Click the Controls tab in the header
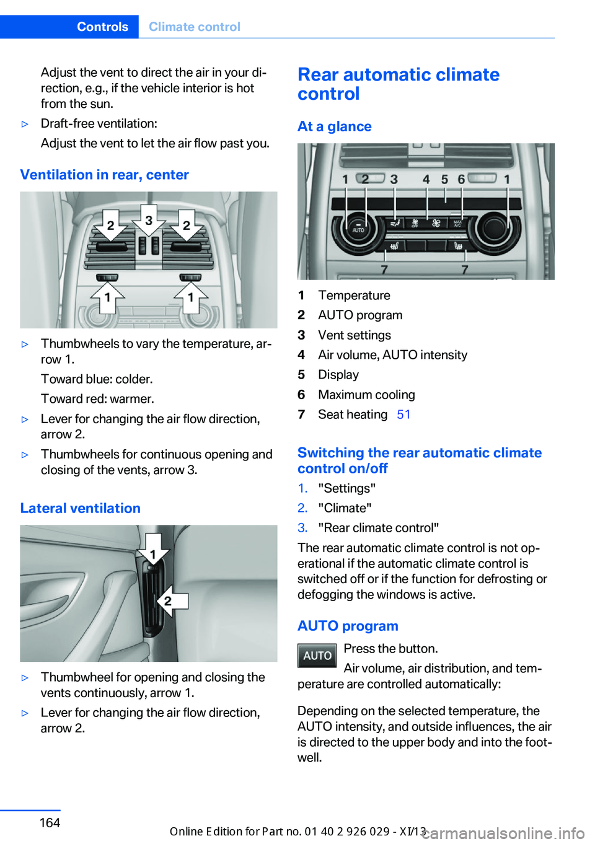pos(102,27)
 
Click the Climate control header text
pos(195,27)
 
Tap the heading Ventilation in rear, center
pos(104,175)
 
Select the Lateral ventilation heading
pos(80,508)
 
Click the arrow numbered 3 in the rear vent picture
pos(149,221)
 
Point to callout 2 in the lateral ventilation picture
pos(168,600)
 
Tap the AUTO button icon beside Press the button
pos(317,656)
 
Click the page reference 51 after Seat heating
pos(403,415)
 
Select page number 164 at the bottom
pos(50,823)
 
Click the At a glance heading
pos(334,126)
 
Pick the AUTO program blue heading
pos(348,626)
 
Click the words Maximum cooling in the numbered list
pos(366,395)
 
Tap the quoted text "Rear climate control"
pos(378,528)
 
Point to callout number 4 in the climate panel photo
pos(426,180)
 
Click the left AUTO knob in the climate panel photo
pos(358,227)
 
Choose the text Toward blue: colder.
pos(97,379)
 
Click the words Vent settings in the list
pos(355,335)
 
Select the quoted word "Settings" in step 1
pos(346,488)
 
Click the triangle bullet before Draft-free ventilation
pos(25,124)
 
